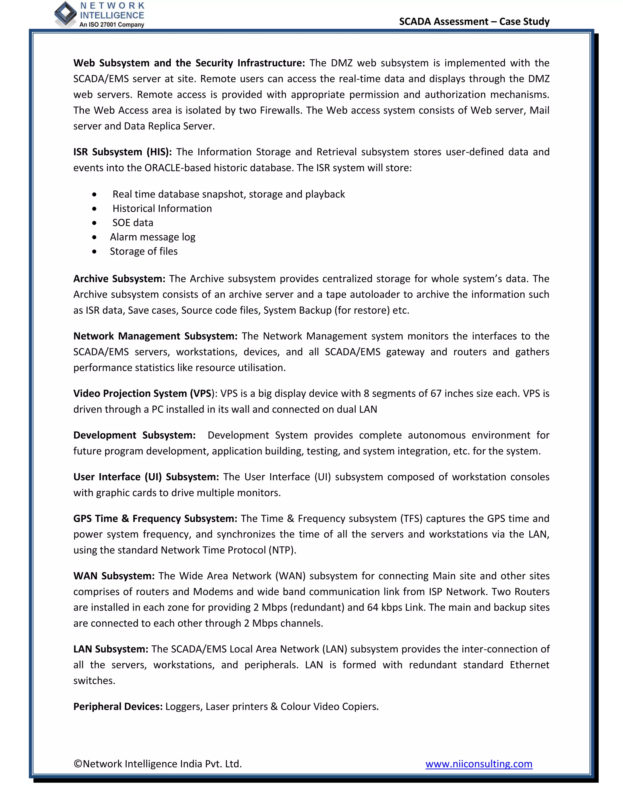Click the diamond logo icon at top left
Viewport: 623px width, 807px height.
pyautogui.click(x=65, y=14)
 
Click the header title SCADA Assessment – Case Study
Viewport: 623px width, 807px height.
pyautogui.click(x=474, y=21)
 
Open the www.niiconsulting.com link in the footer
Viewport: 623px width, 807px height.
pyautogui.click(x=479, y=763)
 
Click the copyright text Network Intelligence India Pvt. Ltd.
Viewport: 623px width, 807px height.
pyautogui.click(x=158, y=763)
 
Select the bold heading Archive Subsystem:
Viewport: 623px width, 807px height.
pyautogui.click(x=119, y=279)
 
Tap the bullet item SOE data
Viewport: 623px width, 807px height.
pyautogui.click(x=133, y=223)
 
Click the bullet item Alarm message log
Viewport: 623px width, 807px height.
pyautogui.click(x=152, y=237)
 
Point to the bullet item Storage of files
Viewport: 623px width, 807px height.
pyautogui.click(x=144, y=251)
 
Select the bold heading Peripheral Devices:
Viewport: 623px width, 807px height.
pyautogui.click(x=118, y=707)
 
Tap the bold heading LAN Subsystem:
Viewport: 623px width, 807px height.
pyautogui.click(x=111, y=649)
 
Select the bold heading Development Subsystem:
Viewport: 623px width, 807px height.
pyautogui.click(x=134, y=435)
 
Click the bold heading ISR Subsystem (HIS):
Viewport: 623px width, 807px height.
pyautogui.click(x=123, y=152)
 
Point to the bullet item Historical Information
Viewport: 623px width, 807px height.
pyautogui.click(x=162, y=208)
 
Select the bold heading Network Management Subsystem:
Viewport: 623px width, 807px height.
pyautogui.click(x=155, y=336)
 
